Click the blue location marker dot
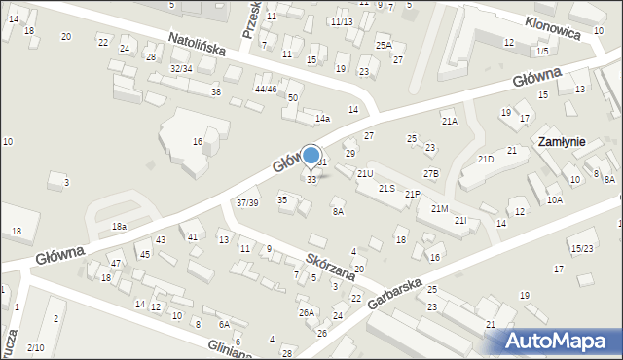(x=311, y=154)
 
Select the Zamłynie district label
(x=561, y=141)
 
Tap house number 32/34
(x=181, y=68)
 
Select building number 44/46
(x=266, y=89)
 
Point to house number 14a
(x=322, y=119)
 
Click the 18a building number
(x=119, y=226)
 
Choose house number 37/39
(x=247, y=202)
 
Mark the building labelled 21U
(x=365, y=173)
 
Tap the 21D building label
(x=486, y=159)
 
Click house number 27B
(x=430, y=173)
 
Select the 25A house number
(x=384, y=45)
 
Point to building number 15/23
(x=582, y=248)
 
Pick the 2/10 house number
(x=35, y=347)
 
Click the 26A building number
(x=306, y=312)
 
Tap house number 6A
(x=224, y=324)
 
